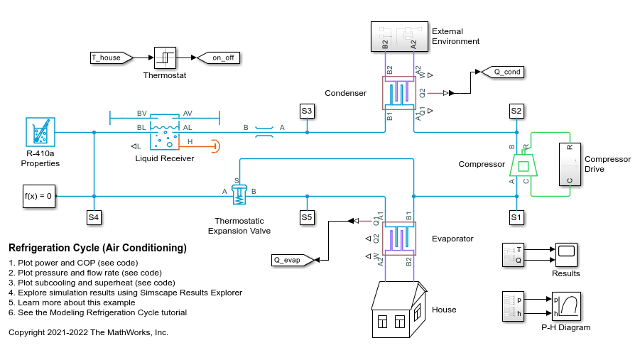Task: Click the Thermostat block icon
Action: pos(165,58)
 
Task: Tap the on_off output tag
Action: pos(217,58)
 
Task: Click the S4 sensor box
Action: pos(94,217)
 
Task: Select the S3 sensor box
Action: pos(307,111)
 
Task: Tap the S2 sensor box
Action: pos(516,111)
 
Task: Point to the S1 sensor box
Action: pos(516,217)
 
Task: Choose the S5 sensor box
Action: pos(307,217)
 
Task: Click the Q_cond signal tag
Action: pos(501,72)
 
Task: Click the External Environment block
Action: pos(399,36)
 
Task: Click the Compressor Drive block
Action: pos(570,165)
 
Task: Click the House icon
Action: pos(399,309)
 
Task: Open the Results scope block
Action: pos(565,255)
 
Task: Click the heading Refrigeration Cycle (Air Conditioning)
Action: pos(97,249)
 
